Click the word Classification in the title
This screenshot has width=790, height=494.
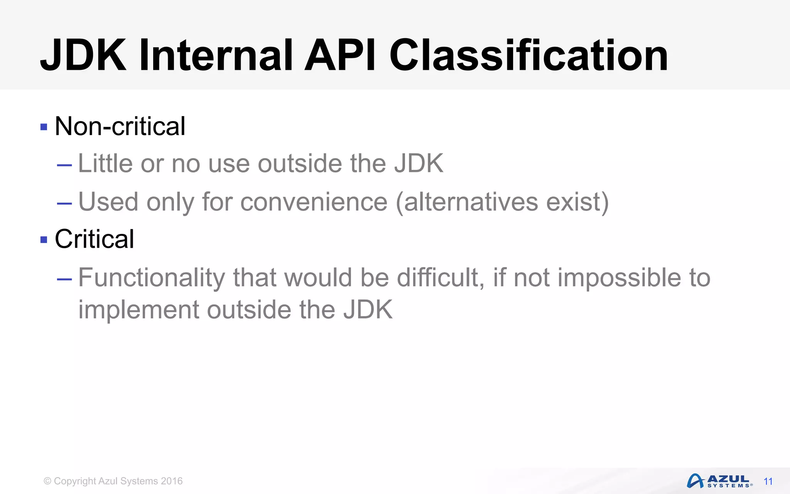528,56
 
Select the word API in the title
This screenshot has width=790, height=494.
339,56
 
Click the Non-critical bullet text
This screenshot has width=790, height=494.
120,126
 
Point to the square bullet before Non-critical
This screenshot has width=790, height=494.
44,127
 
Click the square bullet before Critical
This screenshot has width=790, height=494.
44,240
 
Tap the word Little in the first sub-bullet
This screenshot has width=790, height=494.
105,163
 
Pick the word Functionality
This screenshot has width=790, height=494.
152,277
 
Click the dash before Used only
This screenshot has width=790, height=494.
64,203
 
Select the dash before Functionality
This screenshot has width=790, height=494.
64,279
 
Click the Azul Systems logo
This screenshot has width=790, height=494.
719,481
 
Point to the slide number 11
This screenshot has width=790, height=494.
768,482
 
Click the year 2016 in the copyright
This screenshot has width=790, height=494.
172,481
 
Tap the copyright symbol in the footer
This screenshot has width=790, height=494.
47,481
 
